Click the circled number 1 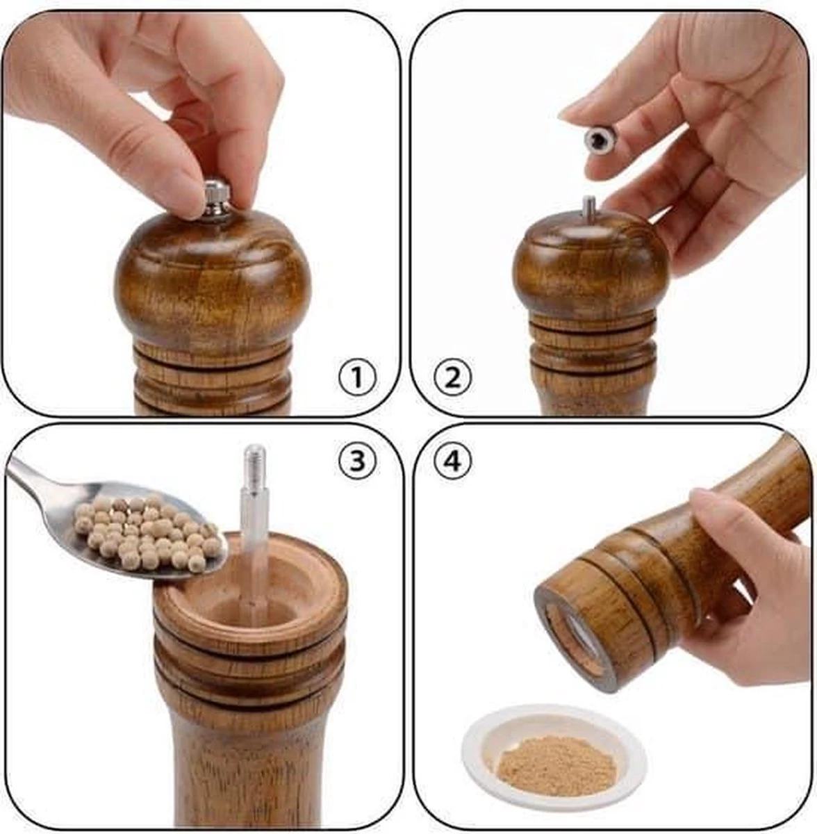[x=357, y=378]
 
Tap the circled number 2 [x=453, y=378]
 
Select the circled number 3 [x=357, y=462]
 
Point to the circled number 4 [x=453, y=461]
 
